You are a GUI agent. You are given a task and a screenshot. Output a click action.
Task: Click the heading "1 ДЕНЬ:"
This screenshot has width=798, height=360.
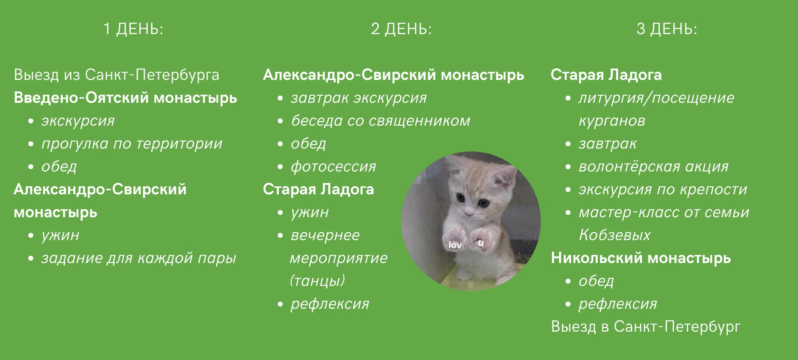(x=133, y=29)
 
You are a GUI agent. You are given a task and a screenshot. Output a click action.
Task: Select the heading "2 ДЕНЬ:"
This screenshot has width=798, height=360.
(x=401, y=29)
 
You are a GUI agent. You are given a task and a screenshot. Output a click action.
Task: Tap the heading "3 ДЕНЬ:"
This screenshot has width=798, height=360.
(x=667, y=29)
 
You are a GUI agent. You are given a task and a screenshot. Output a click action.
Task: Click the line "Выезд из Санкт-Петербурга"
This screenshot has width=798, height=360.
(x=117, y=75)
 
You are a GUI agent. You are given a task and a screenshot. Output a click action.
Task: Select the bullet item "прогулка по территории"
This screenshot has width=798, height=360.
(x=132, y=144)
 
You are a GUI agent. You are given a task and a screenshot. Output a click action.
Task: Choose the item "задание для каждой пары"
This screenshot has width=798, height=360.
(x=139, y=258)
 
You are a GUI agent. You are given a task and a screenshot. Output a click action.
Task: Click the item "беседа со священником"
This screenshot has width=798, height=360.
(x=380, y=121)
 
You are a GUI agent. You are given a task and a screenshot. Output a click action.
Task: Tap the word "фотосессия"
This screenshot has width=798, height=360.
(x=333, y=167)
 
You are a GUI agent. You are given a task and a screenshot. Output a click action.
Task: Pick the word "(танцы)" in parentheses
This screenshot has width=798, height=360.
(x=318, y=281)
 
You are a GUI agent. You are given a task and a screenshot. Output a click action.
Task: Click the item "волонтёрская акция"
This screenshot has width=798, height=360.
(x=654, y=166)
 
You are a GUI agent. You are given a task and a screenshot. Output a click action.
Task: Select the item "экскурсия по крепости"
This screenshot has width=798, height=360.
(x=663, y=190)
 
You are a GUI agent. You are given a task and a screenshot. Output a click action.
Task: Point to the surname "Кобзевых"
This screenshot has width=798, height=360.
(x=614, y=235)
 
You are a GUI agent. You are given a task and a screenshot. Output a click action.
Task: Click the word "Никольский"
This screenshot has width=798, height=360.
(x=597, y=258)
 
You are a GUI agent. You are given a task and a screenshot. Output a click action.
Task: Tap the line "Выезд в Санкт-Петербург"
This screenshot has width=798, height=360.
(x=646, y=327)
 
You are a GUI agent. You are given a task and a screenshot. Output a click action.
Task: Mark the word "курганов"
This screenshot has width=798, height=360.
(x=612, y=121)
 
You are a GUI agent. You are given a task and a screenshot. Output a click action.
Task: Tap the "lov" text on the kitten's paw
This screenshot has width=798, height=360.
(x=455, y=245)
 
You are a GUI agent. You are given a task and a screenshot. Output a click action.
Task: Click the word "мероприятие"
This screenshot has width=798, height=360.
(x=339, y=258)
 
